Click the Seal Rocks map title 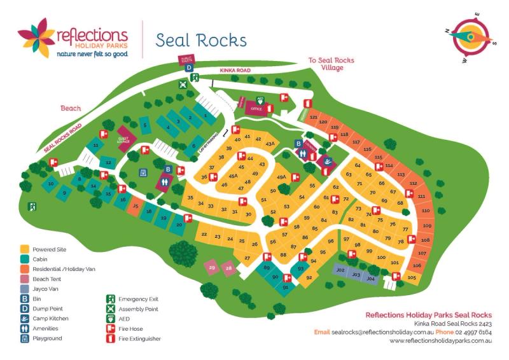pos(201,40)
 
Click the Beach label pos(71,108)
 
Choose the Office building pos(256,108)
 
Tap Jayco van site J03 pos(356,275)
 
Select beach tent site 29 pos(213,268)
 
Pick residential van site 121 pos(313,118)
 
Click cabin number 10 pos(49,184)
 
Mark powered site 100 pos(381,257)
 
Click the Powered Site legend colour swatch pos(25,249)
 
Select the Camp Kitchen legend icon pos(25,318)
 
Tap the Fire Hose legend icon pos(110,328)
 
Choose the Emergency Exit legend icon pos(110,298)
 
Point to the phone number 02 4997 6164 pos(475,332)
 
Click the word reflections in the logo pos(92,34)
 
